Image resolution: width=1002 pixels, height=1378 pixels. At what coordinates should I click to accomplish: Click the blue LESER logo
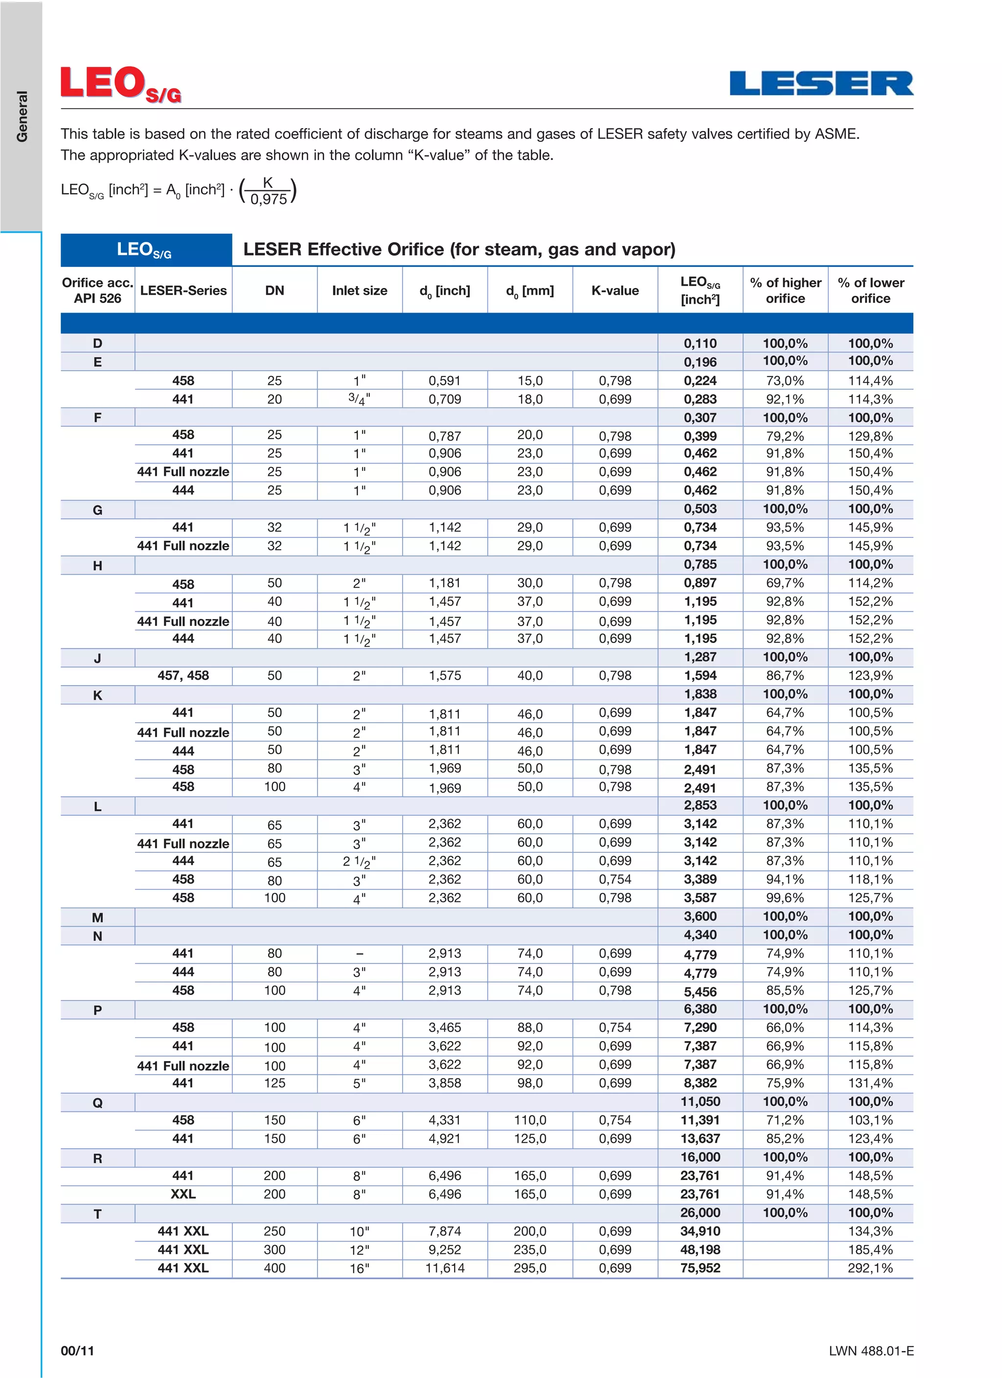tap(821, 84)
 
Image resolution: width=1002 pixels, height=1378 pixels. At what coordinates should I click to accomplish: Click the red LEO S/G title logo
tap(121, 85)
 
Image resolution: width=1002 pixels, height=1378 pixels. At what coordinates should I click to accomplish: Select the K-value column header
tap(615, 290)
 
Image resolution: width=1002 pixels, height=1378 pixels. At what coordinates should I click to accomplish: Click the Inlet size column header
tap(359, 290)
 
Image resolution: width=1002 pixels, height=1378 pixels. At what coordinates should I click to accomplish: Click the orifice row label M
tap(97, 917)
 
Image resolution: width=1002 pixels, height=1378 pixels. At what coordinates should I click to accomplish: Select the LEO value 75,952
tap(700, 1268)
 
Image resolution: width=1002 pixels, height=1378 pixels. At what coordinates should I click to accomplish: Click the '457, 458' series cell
tap(183, 676)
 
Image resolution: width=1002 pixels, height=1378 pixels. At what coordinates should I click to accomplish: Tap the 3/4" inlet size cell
tap(359, 399)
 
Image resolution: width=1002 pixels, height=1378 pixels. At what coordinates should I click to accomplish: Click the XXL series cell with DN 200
tap(183, 1194)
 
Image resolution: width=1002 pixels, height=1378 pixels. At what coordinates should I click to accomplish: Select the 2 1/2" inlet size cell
tap(359, 862)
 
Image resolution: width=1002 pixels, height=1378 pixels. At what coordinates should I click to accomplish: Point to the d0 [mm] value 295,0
tap(529, 1268)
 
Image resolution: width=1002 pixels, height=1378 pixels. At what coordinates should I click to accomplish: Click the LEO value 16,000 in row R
tap(700, 1157)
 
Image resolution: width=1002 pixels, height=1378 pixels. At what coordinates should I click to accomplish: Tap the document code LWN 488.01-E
tap(871, 1351)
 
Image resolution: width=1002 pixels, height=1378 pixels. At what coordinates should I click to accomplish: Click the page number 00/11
tap(77, 1351)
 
